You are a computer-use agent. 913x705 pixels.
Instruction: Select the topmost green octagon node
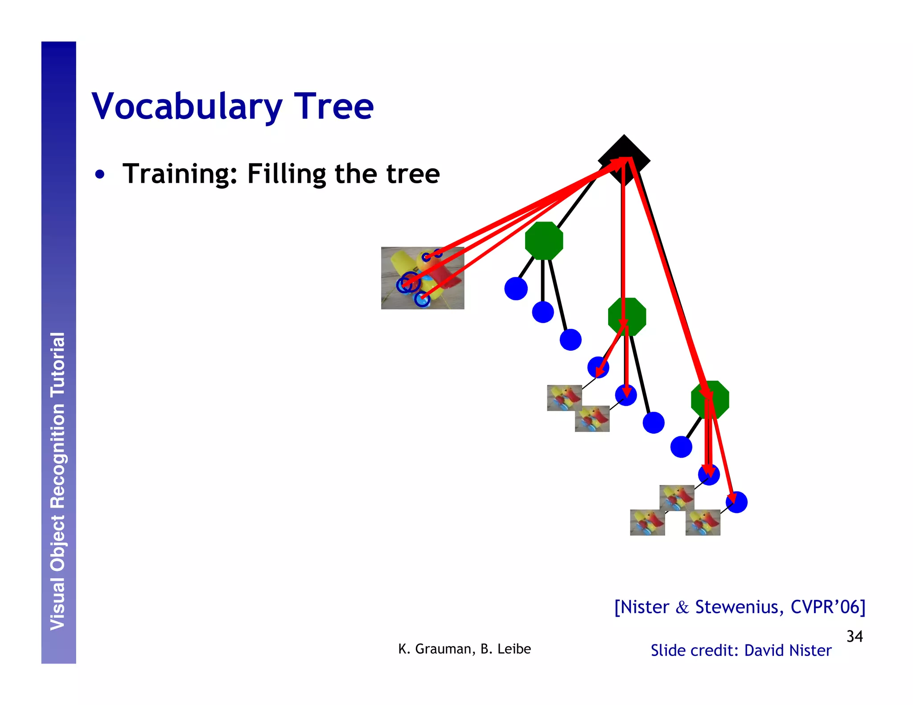coord(544,241)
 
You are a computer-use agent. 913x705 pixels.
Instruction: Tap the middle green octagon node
coord(627,316)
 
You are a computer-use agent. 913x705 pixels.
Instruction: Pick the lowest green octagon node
coord(710,400)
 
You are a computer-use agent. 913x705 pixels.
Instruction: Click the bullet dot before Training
coord(100,175)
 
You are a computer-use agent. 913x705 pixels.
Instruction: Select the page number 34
coord(854,636)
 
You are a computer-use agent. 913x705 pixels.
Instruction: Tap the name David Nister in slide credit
coord(788,651)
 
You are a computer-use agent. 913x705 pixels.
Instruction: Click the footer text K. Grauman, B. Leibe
coord(464,649)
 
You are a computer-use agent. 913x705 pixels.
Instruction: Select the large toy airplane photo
coord(422,278)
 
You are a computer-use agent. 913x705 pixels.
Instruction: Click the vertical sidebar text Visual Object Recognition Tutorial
coord(58,481)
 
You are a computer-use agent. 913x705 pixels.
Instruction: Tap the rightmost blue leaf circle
coord(736,502)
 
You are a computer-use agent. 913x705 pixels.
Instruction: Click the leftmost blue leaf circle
coord(516,288)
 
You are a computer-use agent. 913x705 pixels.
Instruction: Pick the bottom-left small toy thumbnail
coord(647,522)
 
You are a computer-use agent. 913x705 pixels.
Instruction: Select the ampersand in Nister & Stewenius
coord(682,607)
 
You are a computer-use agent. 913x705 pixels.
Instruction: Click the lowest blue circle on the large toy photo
coord(422,299)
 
